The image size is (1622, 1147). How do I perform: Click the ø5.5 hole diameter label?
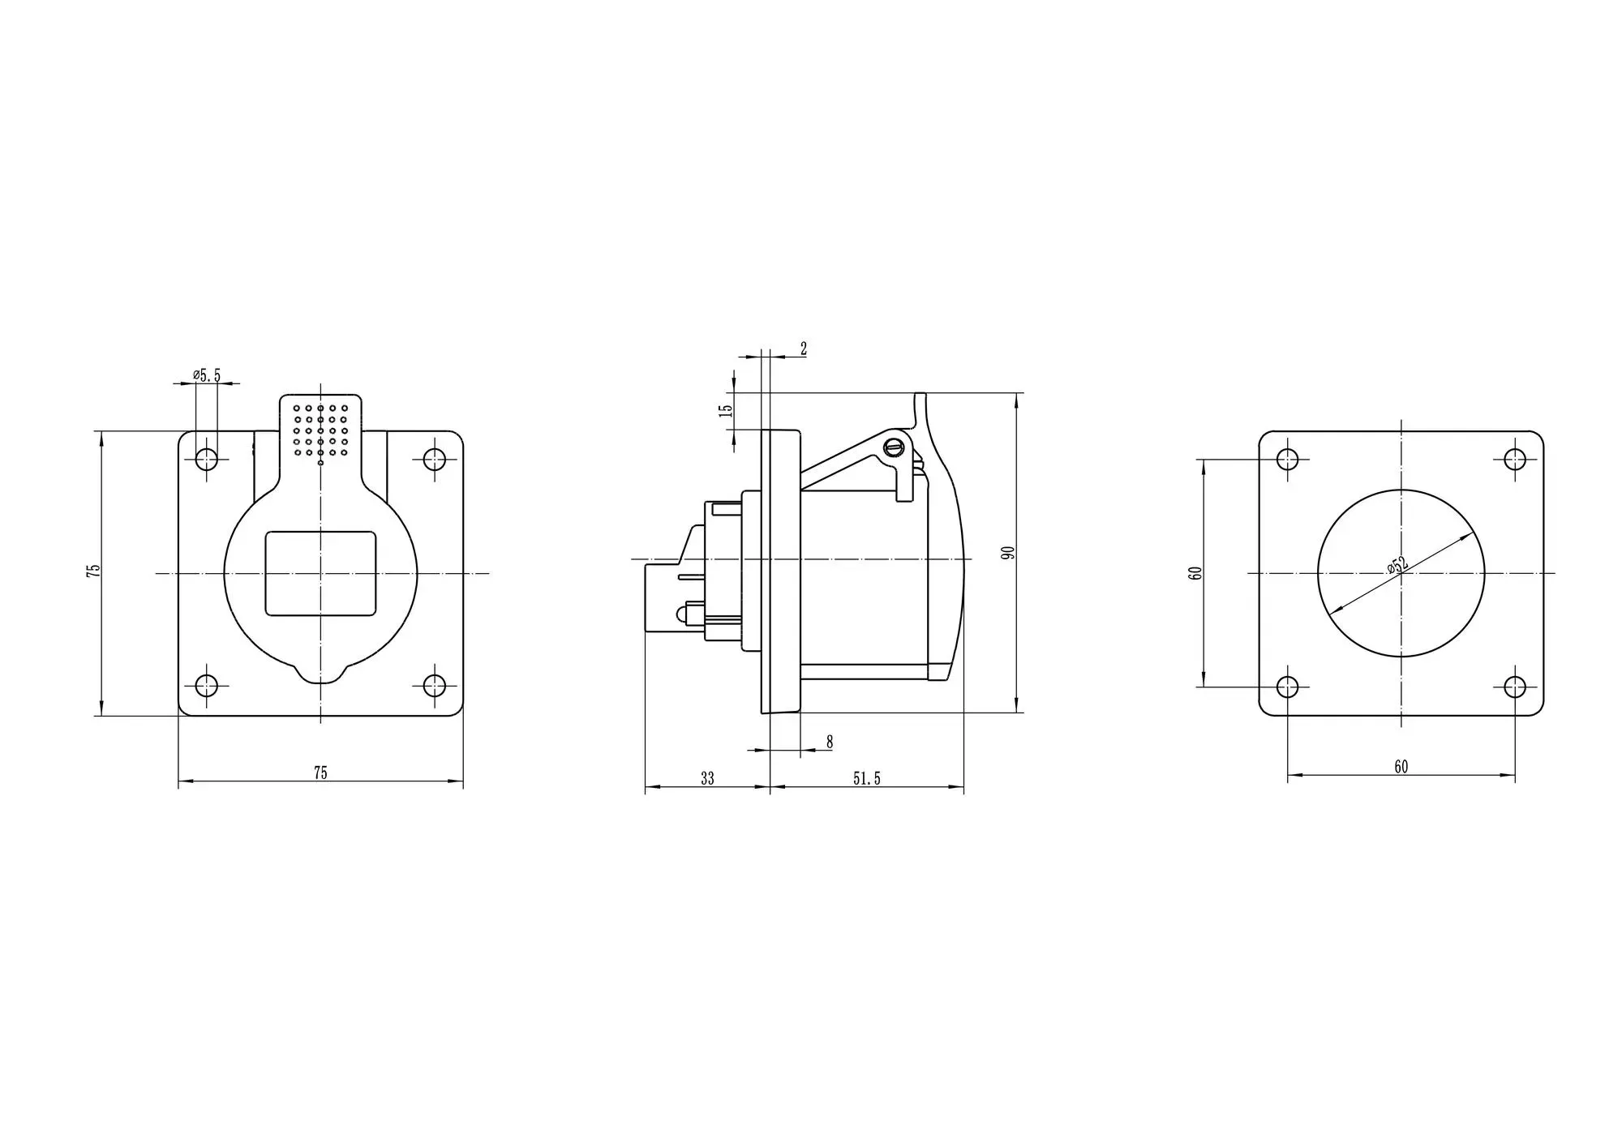207,375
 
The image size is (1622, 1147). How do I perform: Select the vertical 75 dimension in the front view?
94,570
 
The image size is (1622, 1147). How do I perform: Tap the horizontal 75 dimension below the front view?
320,773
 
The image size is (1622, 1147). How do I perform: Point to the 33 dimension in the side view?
707,778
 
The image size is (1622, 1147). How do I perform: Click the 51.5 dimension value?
866,778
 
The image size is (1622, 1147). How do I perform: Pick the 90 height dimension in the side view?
1008,553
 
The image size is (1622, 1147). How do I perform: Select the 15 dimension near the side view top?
727,411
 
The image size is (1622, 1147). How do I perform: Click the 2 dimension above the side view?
804,349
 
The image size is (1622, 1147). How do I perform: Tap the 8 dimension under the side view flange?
829,742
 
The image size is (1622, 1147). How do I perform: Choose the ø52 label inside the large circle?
1397,566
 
